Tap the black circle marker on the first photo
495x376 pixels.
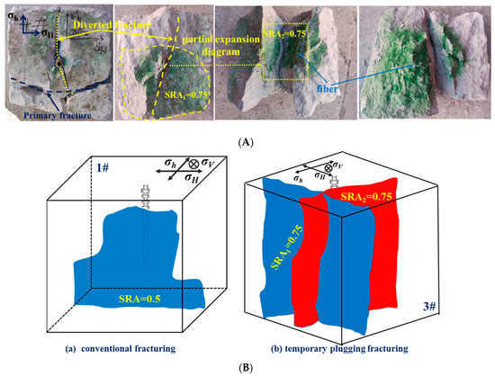56,64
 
